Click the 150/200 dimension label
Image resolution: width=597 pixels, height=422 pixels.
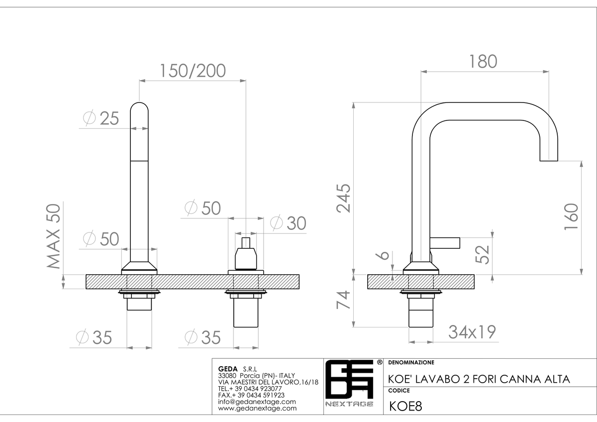193,71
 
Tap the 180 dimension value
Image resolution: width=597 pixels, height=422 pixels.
483,62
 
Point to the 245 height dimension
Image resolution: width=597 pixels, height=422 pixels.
344,198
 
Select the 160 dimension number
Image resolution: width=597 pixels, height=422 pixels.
572,216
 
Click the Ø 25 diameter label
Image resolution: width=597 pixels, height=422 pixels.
101,118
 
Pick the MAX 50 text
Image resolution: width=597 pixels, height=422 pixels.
54,236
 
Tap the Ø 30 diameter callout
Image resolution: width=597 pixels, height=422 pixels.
288,222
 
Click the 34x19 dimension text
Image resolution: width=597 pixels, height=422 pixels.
472,332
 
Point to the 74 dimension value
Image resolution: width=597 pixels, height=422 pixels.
343,300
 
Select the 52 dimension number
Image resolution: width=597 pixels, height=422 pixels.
483,254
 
